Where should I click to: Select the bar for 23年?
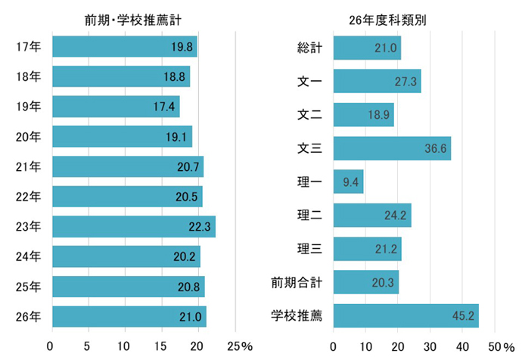coord(133,226)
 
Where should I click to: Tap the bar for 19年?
coord(115,107)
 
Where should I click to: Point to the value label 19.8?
coord(182,47)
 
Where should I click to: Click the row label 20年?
coord(28,137)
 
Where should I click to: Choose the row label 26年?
coord(28,317)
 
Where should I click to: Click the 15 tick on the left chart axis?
coord(162,346)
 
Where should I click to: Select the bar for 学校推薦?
coord(405,316)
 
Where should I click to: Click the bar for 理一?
coord(348,182)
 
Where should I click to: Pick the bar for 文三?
coord(392,148)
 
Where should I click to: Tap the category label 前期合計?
coord(297,283)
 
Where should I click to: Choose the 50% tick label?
coord(501,346)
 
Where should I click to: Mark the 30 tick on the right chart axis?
coord(430,346)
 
